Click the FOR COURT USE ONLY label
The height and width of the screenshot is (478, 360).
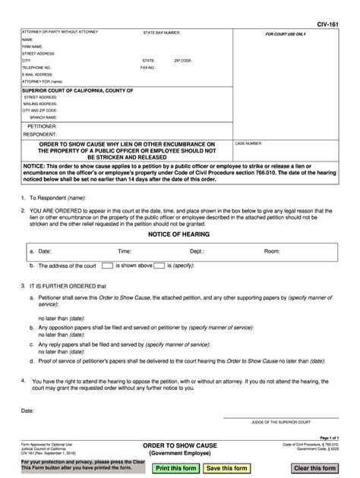coord(286,35)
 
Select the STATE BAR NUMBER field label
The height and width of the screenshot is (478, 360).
coord(162,33)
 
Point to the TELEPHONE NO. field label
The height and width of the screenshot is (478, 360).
coord(36,67)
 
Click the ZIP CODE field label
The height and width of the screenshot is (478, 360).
coord(183,60)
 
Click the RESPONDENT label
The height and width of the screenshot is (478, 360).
coord(40,134)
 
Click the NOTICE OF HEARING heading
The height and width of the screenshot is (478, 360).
coord(178,234)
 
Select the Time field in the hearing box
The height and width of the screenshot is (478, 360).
coord(125,250)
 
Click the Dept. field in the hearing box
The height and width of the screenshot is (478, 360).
coord(197,250)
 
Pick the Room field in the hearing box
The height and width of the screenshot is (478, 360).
coord(272,250)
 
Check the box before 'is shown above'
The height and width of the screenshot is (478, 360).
coord(107,266)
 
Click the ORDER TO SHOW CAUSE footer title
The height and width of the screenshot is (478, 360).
coord(180,445)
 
